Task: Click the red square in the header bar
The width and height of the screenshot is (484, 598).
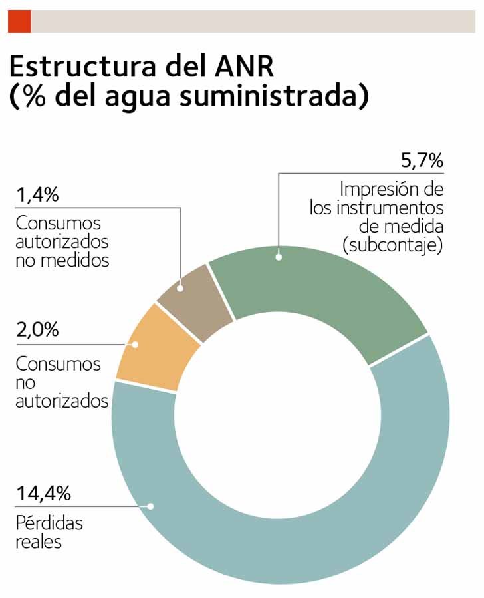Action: coord(19,22)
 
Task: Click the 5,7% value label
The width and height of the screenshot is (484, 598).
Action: coord(422,162)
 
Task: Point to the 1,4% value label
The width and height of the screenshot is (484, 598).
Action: coord(37,196)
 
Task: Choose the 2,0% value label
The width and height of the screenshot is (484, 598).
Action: coord(37,331)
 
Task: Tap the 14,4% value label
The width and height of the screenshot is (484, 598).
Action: coord(43,494)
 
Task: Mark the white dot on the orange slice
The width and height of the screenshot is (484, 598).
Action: coord(135,345)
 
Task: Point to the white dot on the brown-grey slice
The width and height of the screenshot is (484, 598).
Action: coord(180,288)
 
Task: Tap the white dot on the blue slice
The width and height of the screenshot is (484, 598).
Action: coord(151,506)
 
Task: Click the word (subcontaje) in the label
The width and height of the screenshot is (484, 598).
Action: coord(392,245)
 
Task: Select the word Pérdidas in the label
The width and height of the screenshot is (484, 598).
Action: coord(49,523)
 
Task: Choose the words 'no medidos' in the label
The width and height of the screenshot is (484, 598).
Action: coord(62,260)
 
